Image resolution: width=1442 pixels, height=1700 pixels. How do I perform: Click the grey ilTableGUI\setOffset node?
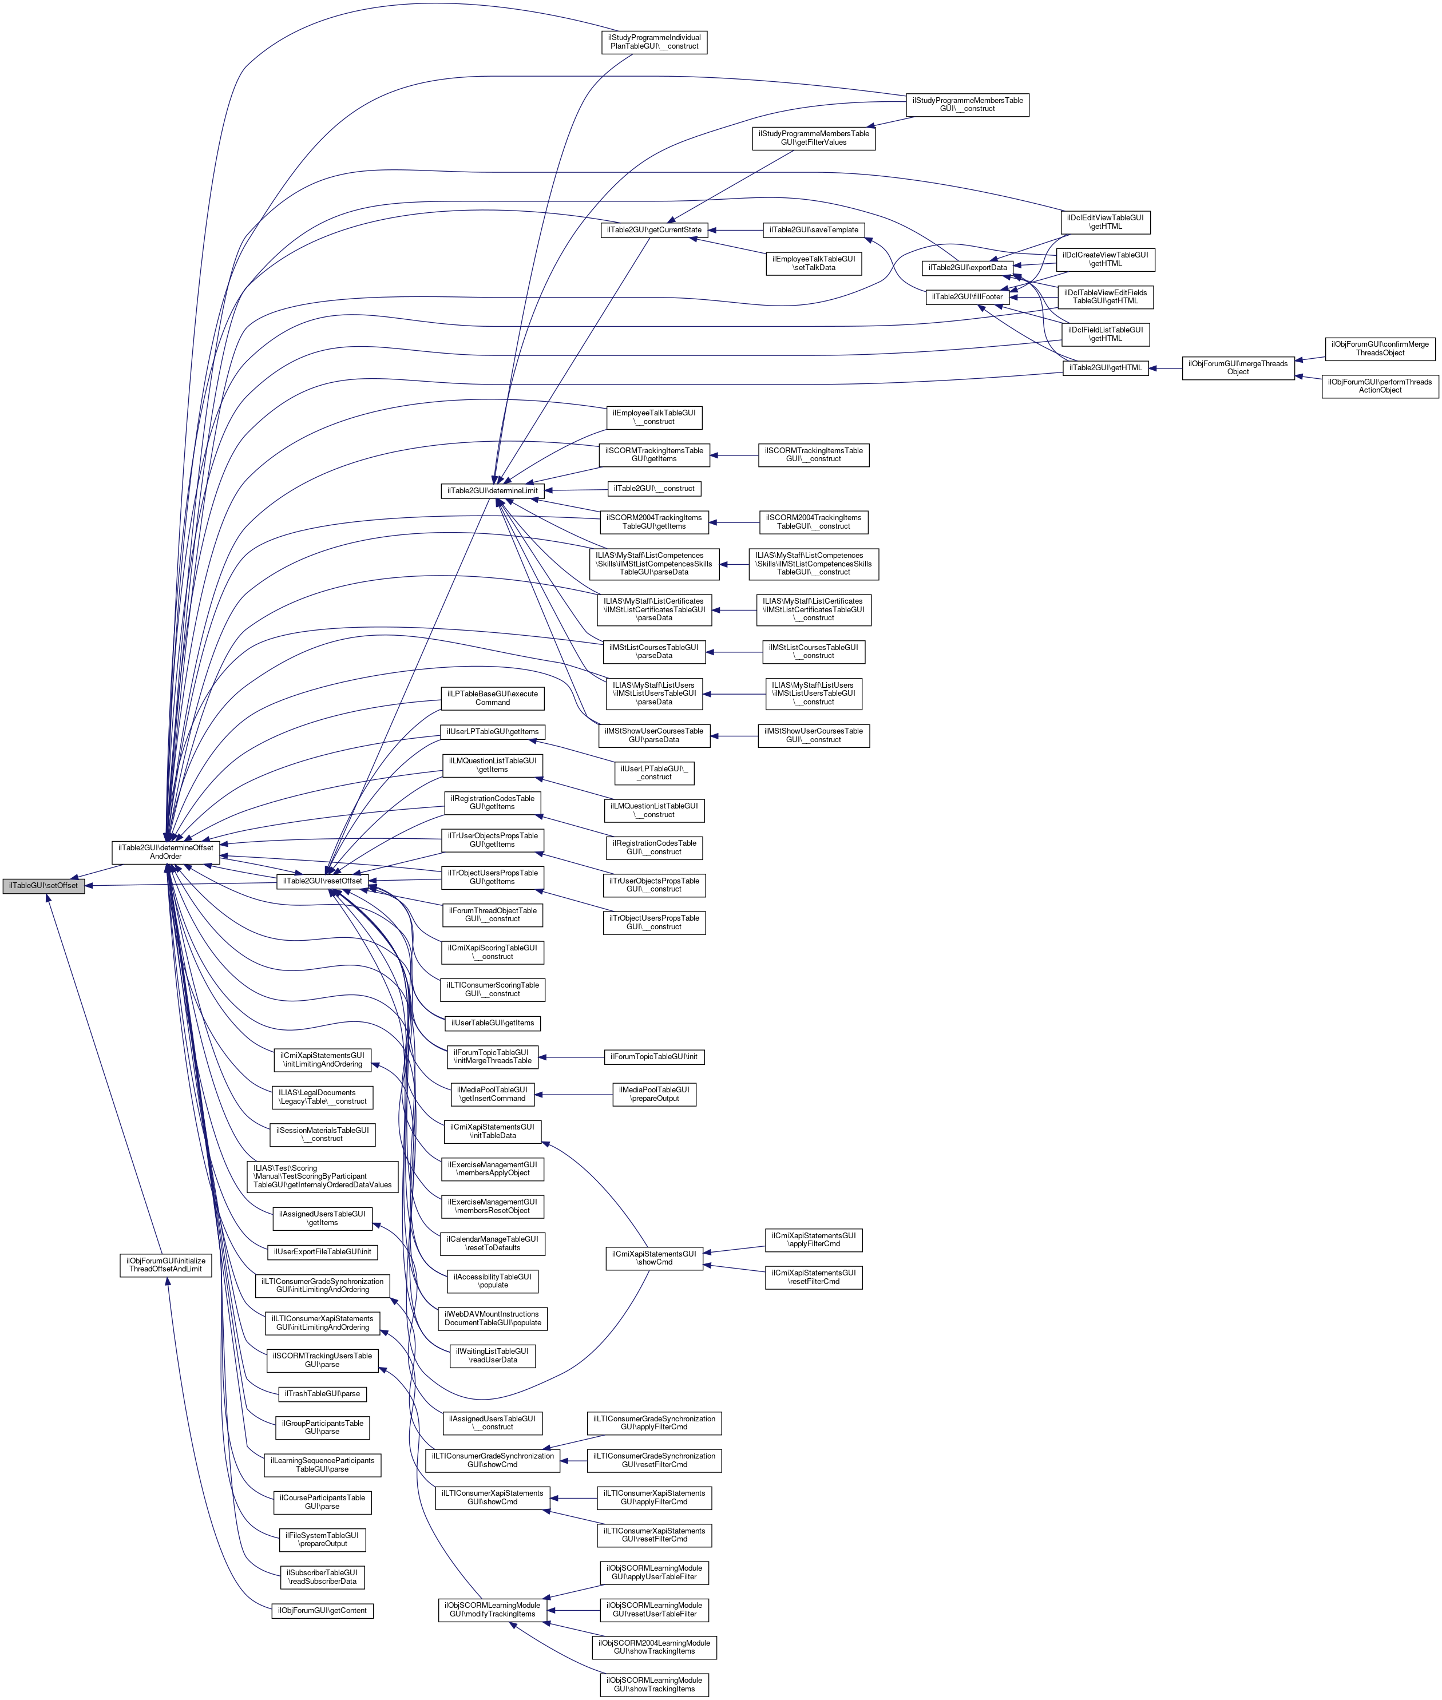click(x=43, y=885)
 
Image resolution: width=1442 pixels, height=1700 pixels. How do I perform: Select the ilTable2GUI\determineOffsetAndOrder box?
click(x=166, y=851)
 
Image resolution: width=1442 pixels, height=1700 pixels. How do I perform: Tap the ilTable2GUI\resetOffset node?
click(x=322, y=880)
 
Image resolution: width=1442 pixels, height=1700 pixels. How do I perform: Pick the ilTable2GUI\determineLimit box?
click(x=492, y=490)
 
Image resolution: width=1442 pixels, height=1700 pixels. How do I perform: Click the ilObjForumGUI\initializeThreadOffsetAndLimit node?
click(x=165, y=1265)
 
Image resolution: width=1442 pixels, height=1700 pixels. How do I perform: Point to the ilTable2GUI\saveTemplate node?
click(x=814, y=229)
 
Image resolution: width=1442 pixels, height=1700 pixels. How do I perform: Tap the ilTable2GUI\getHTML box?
click(x=1105, y=368)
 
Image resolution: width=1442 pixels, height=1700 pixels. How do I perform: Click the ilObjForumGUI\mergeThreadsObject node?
click(x=1238, y=368)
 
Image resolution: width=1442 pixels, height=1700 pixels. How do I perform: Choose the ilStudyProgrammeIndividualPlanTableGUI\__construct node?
click(x=654, y=42)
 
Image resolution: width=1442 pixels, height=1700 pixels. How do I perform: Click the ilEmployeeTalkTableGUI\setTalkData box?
click(x=813, y=263)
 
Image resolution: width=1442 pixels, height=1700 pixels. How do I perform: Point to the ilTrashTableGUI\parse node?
click(x=323, y=1393)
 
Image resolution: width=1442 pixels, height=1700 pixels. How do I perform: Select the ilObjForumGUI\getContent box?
click(x=322, y=1610)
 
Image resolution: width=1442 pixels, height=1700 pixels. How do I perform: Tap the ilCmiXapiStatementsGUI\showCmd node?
click(x=654, y=1258)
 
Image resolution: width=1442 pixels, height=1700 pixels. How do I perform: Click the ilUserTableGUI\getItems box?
click(x=492, y=1023)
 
